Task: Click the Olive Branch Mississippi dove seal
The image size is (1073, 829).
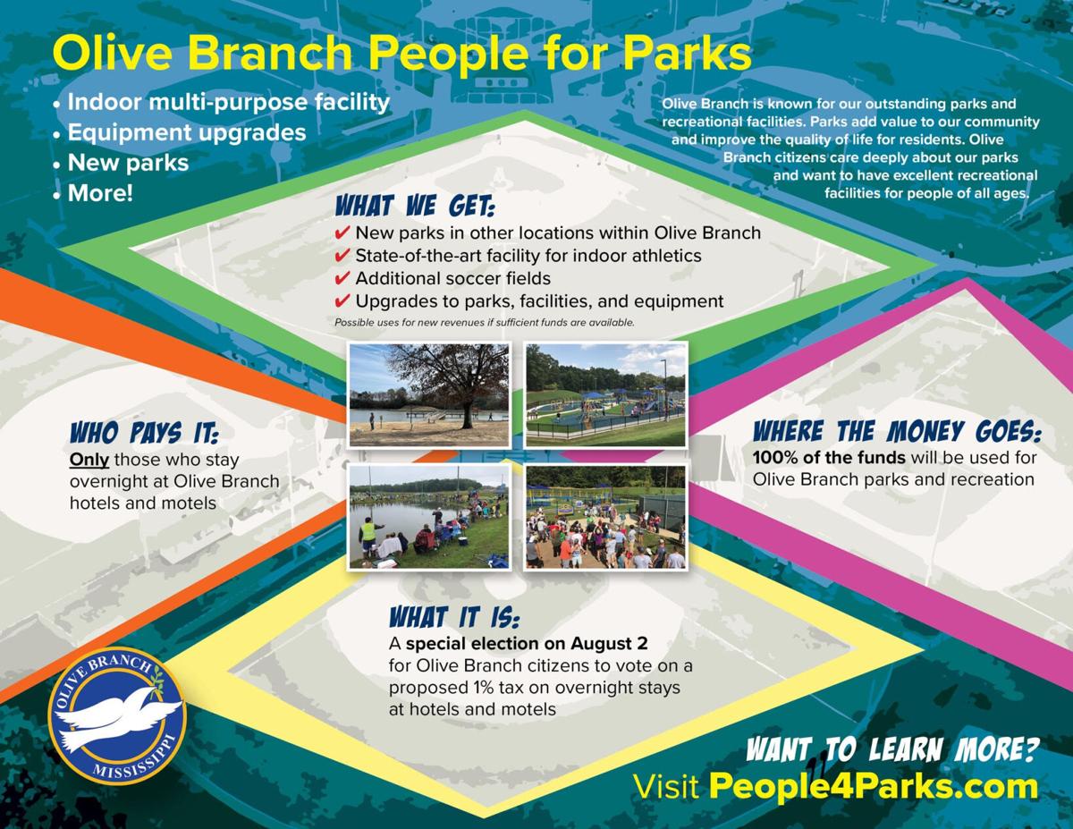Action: click(x=117, y=716)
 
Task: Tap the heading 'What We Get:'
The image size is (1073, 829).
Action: click(x=415, y=206)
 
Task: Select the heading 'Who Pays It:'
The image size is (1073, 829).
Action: click(x=144, y=433)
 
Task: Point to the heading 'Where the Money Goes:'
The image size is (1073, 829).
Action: click(x=897, y=431)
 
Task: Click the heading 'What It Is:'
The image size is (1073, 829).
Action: click(x=454, y=617)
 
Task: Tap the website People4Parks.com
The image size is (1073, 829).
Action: click(x=873, y=787)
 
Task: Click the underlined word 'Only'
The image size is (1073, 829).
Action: click(x=89, y=460)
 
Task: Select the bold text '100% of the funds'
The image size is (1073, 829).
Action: click(x=829, y=458)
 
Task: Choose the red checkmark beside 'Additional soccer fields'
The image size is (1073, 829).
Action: click(x=342, y=278)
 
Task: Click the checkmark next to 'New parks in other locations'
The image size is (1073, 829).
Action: click(x=342, y=233)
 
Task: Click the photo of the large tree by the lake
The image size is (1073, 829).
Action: click(x=428, y=394)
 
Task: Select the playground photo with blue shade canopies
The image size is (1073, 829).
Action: click(x=605, y=394)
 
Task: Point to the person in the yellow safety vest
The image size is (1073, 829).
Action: click(x=368, y=537)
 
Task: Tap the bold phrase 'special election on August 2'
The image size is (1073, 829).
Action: click(x=527, y=644)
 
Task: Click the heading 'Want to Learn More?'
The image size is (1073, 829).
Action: click(x=892, y=749)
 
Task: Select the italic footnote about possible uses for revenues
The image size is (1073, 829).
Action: click(x=485, y=323)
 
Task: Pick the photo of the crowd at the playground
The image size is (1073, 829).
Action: click(x=605, y=517)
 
